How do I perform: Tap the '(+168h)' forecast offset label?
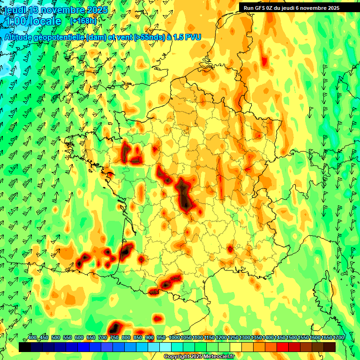tap(83, 21)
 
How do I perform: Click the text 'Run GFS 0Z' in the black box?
tap(259, 8)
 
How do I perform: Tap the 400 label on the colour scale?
tap(32, 338)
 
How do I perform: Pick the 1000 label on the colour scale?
tap(174, 338)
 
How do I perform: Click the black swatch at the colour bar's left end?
tap(25, 347)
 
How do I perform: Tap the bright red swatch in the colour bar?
tap(283, 347)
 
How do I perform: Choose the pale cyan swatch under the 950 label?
tap(165, 347)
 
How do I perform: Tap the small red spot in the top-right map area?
tap(264, 61)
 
